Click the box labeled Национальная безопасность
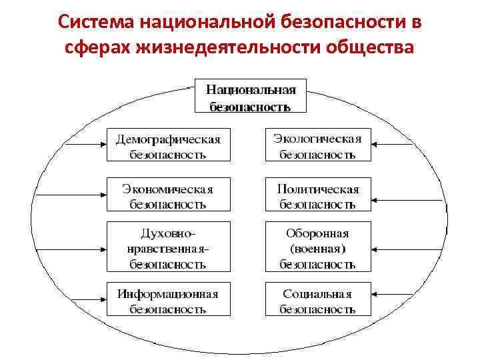click(251, 97)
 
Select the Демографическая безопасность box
click(168, 145)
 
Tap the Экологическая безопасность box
click(317, 145)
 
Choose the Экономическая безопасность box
click(168, 195)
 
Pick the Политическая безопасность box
click(317, 195)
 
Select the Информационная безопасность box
click(168, 299)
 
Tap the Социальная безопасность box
click(317, 299)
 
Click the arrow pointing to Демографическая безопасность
click(83, 144)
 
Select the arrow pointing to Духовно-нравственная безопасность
click(83, 249)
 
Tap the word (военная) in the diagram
click(317, 249)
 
